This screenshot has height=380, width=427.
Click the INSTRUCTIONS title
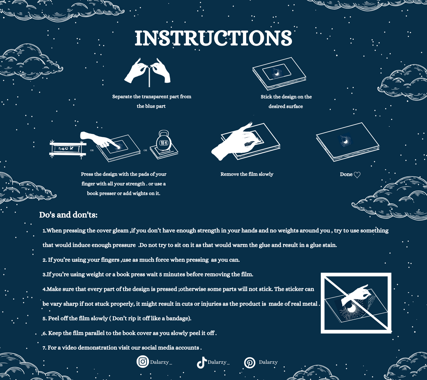[213, 38]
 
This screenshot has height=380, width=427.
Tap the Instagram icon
[143, 361]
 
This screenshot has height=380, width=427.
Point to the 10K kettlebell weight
[164, 141]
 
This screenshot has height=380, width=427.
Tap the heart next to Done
[357, 175]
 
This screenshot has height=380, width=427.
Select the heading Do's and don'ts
[68, 215]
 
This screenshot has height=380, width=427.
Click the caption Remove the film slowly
[247, 174]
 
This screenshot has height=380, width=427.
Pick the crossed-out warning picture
[356, 303]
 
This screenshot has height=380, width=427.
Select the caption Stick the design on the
[286, 97]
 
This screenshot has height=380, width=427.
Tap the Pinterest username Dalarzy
[268, 362]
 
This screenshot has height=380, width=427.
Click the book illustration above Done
[348, 142]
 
